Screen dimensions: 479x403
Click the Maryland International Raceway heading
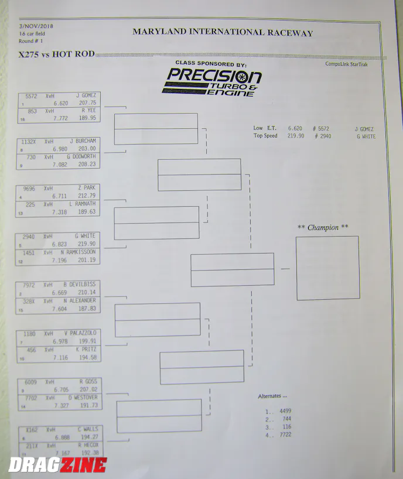coord(222,33)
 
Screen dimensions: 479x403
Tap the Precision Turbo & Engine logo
coord(212,80)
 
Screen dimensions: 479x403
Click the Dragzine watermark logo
coord(57,466)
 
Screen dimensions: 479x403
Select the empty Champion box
coord(327,268)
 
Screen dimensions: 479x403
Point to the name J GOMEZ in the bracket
coord(86,95)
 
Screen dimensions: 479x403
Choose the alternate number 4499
coord(285,411)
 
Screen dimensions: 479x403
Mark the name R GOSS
coord(88,381)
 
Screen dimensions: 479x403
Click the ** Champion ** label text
coord(323,227)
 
